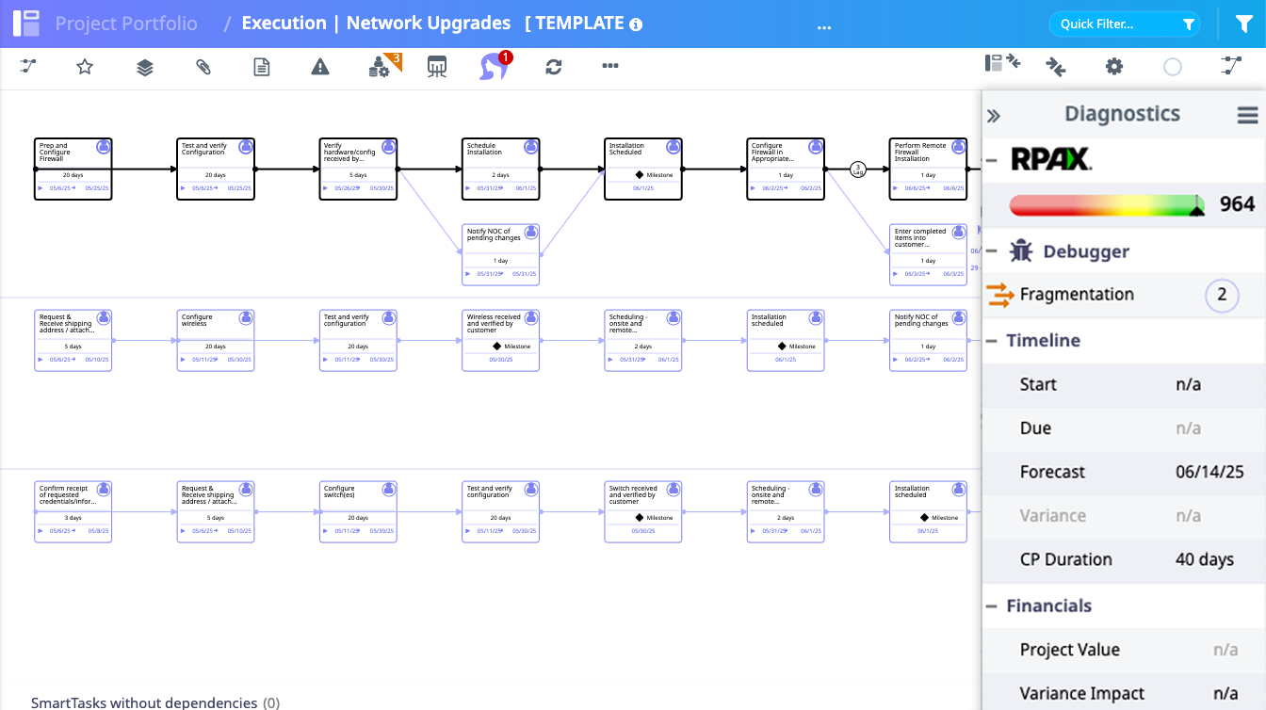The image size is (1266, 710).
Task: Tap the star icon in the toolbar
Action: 85,66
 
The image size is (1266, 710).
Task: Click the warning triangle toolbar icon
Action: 320,66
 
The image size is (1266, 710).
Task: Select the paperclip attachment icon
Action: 203,66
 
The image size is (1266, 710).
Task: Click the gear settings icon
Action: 1114,66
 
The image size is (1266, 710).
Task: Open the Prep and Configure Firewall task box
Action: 73,169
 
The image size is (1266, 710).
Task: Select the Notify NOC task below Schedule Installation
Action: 500,254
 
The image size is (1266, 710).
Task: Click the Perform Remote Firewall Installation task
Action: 928,169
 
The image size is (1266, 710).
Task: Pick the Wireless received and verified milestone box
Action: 500,341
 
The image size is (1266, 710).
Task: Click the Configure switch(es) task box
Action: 358,512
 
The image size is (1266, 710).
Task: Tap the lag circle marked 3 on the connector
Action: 857,169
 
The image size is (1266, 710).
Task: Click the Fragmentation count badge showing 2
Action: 1222,295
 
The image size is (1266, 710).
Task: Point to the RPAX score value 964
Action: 1237,204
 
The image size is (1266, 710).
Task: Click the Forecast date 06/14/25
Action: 1209,472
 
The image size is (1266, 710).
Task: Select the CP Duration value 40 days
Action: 1204,559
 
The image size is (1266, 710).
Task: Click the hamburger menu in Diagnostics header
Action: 1247,115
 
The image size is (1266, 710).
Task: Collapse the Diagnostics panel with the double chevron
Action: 993,116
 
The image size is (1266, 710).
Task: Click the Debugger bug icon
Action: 1021,251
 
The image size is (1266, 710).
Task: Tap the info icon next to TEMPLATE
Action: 636,24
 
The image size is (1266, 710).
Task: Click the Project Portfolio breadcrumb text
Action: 126,24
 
